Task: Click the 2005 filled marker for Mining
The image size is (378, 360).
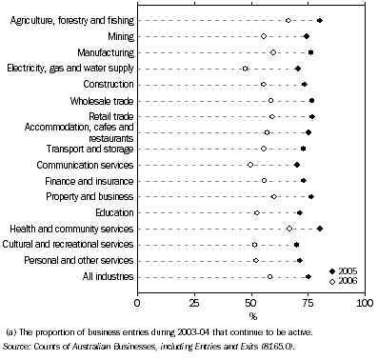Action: [x=306, y=36]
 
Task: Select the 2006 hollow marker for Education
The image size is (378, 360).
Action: [x=256, y=212]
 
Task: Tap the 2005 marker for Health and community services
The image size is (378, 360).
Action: [x=320, y=229]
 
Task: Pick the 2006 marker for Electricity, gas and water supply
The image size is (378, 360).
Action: [x=245, y=69]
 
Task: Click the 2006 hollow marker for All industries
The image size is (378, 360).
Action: [x=269, y=276]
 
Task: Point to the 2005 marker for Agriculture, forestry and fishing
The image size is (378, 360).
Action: [x=320, y=20]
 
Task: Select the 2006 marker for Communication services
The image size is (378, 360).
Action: [x=250, y=164]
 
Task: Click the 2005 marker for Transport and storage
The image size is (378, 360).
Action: [x=303, y=149]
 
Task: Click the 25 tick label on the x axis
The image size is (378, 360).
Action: [x=194, y=303]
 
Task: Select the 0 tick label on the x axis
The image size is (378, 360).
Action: [x=138, y=303]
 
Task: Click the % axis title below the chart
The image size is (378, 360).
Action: [x=252, y=315]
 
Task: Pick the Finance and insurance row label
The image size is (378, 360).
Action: [x=88, y=180]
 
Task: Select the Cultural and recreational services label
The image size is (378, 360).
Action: [x=71, y=245]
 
